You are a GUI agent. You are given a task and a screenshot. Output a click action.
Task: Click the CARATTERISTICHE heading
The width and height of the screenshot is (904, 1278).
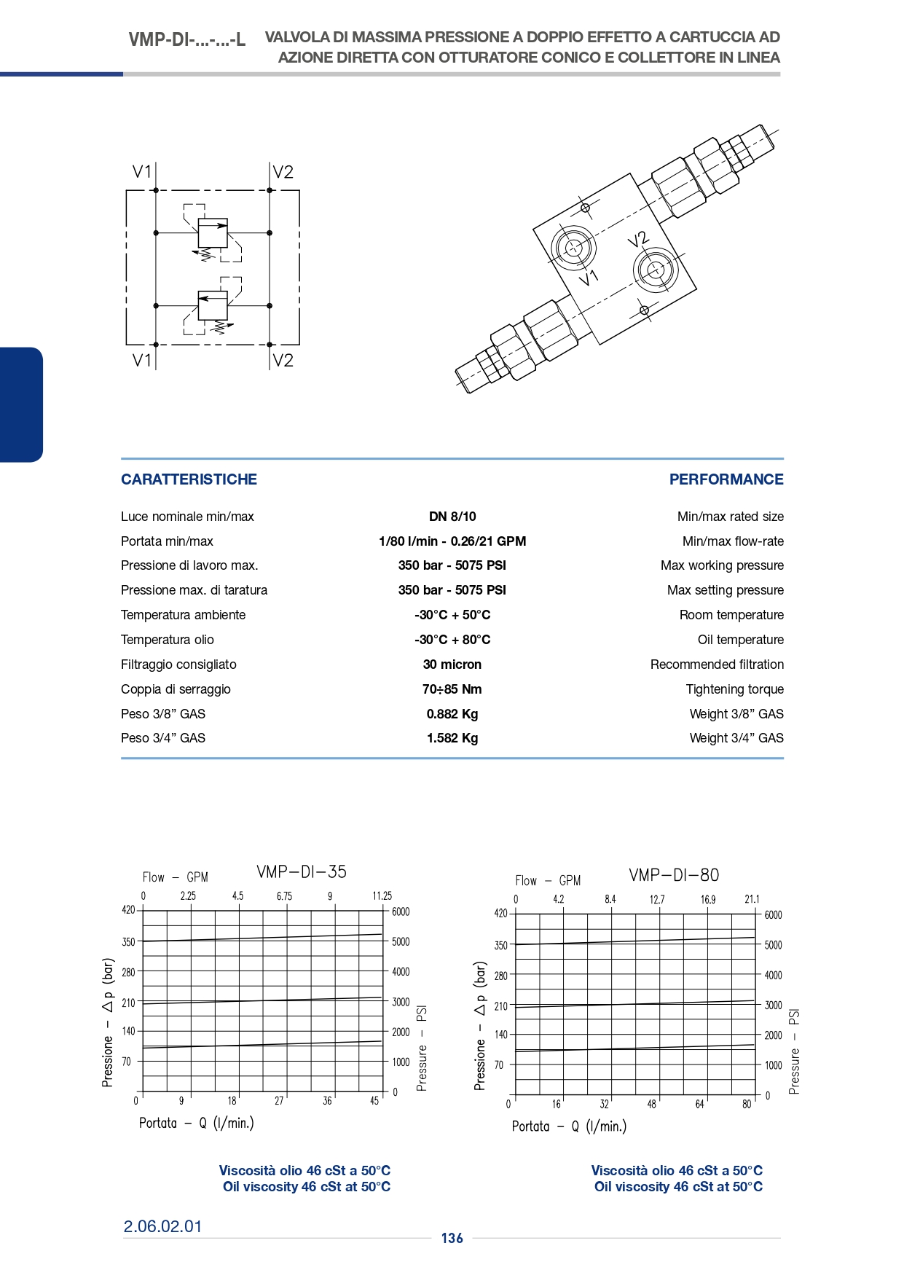pos(189,479)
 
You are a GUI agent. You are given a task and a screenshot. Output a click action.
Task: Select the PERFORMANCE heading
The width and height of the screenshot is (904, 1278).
pos(726,479)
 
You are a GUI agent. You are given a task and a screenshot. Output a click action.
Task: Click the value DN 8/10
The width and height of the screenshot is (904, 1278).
pos(452,517)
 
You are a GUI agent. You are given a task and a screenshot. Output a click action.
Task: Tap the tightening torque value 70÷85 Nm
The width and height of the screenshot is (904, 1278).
pos(452,689)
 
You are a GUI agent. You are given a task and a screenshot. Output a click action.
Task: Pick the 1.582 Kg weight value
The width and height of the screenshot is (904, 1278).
pos(452,738)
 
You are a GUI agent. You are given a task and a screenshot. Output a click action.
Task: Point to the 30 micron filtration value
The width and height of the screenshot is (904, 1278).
pos(452,665)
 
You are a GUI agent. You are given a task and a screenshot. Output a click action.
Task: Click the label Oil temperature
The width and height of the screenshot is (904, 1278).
pos(741,640)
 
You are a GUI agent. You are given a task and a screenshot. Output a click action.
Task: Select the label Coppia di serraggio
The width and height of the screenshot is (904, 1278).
pos(176,689)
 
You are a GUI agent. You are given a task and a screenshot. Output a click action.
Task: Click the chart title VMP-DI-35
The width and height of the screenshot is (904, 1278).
pos(302,872)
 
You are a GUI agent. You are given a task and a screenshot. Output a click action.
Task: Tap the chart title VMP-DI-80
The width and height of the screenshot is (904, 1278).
pos(674,875)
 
